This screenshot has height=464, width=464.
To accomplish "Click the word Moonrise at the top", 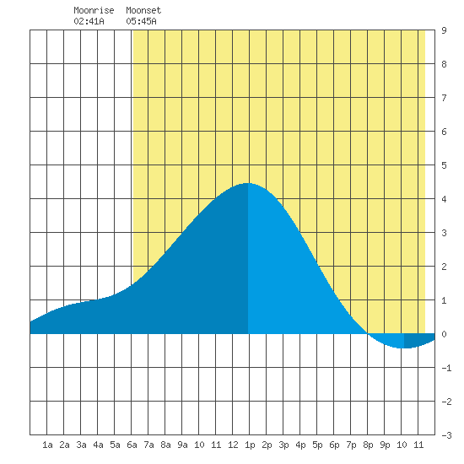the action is coord(94,10).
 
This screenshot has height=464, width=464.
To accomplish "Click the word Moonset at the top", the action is coord(143,10).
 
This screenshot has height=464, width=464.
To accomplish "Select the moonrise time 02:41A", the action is coord(89,21).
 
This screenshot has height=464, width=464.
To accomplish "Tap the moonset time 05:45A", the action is coord(141,21).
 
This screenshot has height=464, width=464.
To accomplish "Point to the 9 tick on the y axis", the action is coord(444,30).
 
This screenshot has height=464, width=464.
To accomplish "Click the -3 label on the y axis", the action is coord(446,435).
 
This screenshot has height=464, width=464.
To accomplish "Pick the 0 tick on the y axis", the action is coord(444,334).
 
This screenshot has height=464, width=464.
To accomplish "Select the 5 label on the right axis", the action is coord(444,165).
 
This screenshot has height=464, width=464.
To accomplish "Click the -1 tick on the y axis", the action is coord(446,368).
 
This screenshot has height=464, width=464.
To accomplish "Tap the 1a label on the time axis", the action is coord(47,445).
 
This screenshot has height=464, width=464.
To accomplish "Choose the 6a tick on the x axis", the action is coord(132,445).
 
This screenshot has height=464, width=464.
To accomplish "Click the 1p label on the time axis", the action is coord(250,445).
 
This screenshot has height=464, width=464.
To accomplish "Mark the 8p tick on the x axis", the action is coord(368,445).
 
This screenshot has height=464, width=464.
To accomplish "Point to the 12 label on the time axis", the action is coord(233,445).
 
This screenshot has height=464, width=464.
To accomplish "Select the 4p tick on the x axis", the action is coord(300,445).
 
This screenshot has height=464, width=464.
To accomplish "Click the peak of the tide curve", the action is coord(248,183).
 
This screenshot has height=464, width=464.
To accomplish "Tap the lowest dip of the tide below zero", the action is coord(404,348).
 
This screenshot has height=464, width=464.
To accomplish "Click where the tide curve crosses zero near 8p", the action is coord(368,333).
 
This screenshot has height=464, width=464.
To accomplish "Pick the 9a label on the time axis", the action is coord(182,445).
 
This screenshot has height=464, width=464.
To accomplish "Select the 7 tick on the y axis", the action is coord(444,98).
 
